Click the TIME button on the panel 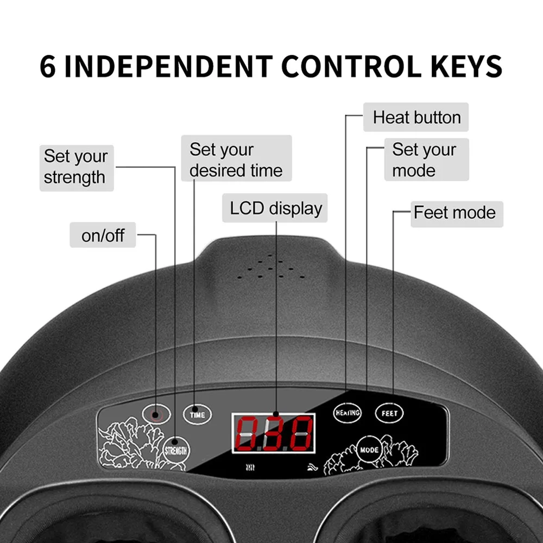point(197,414)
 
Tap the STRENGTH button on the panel point(176,450)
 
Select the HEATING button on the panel point(347,413)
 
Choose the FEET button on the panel point(389,413)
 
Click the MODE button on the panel point(369,450)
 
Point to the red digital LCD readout point(274,433)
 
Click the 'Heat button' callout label point(416,117)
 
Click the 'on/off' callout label point(103,235)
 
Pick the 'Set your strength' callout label point(77,168)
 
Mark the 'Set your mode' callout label point(427,160)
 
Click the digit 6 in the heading point(48,66)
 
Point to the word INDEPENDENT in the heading point(169,66)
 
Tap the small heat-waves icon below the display point(250,468)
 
